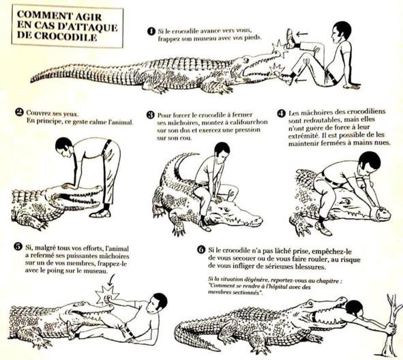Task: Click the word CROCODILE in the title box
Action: point(65,37)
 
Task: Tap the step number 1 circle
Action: point(151,31)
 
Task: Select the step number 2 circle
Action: point(19,112)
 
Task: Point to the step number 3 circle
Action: point(150,115)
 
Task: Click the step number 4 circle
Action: point(282,113)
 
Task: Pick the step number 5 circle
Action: point(18,246)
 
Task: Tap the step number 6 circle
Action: point(201,250)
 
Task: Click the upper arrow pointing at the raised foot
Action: point(302,34)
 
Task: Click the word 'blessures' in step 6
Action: point(311,267)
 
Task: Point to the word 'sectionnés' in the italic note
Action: point(249,292)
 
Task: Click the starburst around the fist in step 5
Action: point(106,295)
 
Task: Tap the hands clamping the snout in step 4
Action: point(378,209)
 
